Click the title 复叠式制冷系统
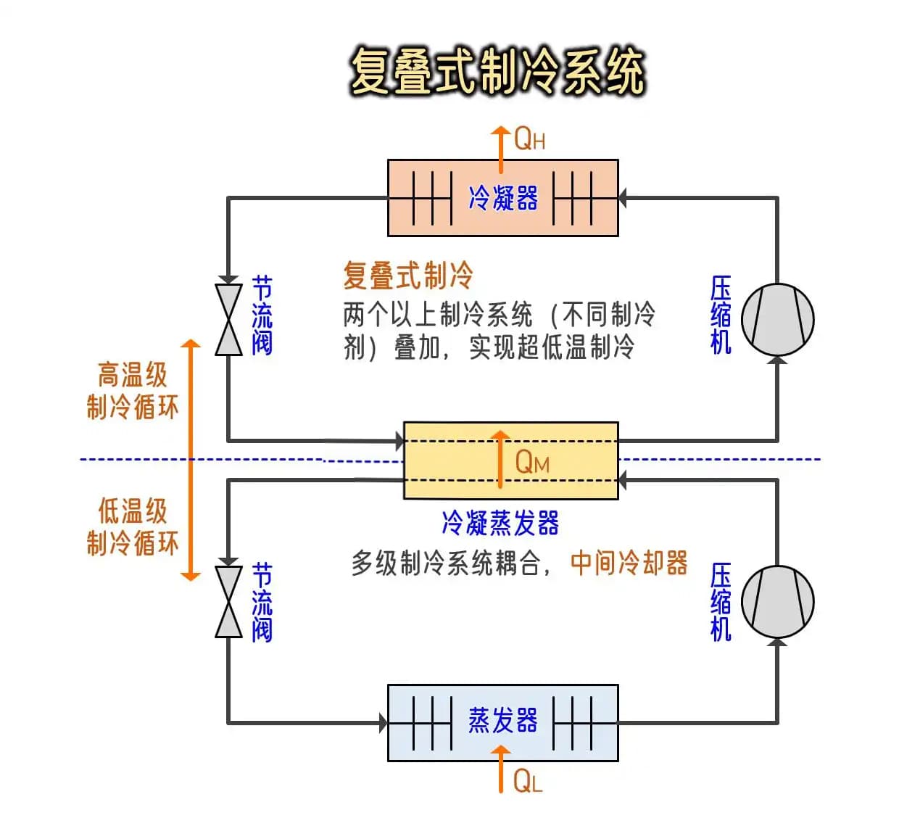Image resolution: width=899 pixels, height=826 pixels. coord(497,72)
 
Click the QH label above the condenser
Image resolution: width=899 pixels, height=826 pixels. coord(529,139)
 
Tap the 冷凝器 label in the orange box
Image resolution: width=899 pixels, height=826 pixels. coord(503,198)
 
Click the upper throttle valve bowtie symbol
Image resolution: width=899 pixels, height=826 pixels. coord(228,320)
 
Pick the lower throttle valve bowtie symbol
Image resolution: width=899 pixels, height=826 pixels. coord(228,602)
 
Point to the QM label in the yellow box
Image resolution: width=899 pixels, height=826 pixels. coord(532,461)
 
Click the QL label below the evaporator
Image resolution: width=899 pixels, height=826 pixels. coord(527,781)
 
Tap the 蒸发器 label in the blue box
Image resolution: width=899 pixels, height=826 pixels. coord(503,721)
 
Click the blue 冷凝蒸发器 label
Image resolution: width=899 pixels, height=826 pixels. coord(500,523)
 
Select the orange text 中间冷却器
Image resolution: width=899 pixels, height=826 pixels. coord(629,563)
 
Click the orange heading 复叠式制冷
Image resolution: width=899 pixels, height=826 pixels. coord(407,276)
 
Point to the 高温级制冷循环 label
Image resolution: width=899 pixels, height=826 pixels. coord(132,391)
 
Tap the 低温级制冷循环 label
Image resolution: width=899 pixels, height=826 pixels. coord(132,526)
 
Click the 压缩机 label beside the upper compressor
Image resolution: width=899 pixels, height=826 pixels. coord(721,315)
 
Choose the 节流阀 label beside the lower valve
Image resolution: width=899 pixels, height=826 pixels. coord(262,602)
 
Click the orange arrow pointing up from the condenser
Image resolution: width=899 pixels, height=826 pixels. coord(500,147)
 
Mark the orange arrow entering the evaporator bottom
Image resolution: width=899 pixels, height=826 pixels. coord(500,769)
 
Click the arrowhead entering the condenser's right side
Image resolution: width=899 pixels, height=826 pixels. coord(623,197)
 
